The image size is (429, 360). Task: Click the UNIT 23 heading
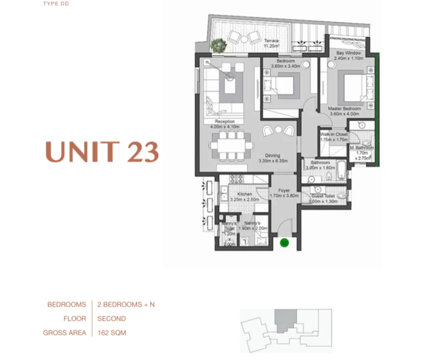point(102,151)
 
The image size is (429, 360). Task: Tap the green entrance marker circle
point(284,243)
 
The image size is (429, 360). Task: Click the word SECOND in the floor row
point(112,319)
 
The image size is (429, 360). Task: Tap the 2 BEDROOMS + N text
point(126,304)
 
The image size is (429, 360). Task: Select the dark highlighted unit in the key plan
point(286,321)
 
